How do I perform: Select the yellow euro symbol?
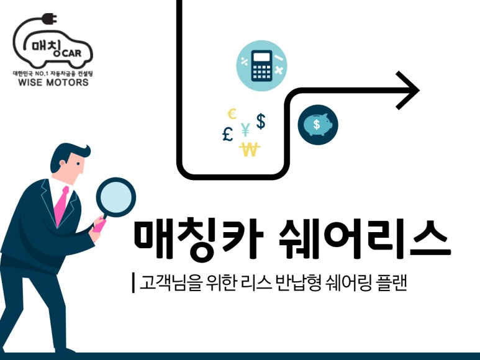(232, 114)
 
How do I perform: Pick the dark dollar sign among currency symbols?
(261, 121)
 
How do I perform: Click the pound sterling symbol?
(228, 133)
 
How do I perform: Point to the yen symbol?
(245, 130)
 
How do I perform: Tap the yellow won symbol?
(250, 150)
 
